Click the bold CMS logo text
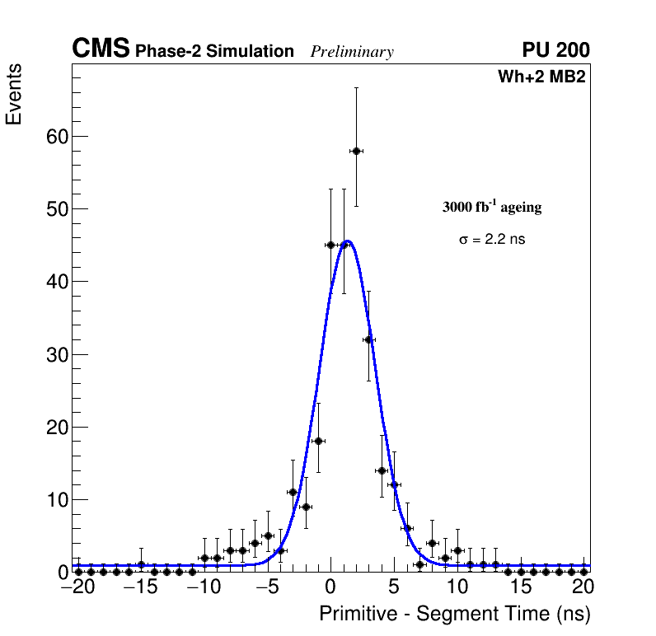coord(101,49)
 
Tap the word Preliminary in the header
coord(352,52)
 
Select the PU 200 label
coord(555,50)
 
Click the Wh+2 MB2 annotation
coord(541,77)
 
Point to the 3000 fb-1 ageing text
coord(492,208)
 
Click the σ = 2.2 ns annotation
coord(492,240)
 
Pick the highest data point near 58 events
coord(356,151)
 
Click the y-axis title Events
coord(14,95)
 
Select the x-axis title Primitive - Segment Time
coord(455,614)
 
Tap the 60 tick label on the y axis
coord(57,136)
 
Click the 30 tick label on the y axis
coord(57,354)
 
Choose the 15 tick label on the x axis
coord(521,587)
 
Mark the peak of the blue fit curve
coord(348,241)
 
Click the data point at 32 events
coord(368,339)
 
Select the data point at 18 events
coord(318,441)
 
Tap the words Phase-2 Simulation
coord(214,52)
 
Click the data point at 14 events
coord(382,470)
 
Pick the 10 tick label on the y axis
coord(57,499)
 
